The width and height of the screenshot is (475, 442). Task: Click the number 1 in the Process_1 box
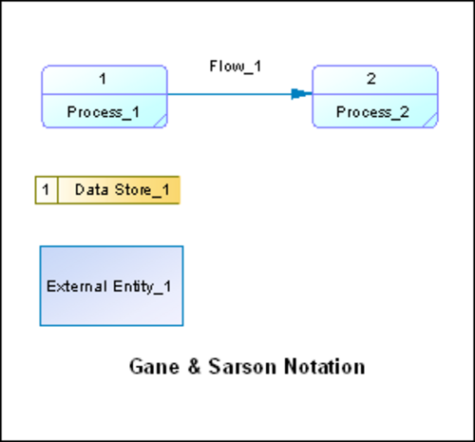click(x=103, y=79)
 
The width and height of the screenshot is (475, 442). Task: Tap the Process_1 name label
click(x=104, y=112)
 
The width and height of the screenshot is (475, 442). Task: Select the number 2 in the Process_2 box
click(x=371, y=79)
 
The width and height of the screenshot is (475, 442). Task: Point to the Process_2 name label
click(x=372, y=112)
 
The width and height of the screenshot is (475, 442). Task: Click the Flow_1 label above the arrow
click(x=236, y=67)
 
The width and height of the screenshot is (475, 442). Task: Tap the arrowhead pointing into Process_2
click(x=301, y=94)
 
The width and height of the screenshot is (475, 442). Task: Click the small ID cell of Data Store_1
click(x=47, y=190)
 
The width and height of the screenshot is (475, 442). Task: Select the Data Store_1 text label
click(x=123, y=190)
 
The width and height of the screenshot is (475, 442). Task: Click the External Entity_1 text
click(x=109, y=287)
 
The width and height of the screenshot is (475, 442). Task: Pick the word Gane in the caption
click(x=154, y=367)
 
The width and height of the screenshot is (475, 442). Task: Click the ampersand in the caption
click(x=194, y=367)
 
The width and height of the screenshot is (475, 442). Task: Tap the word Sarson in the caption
click(x=242, y=367)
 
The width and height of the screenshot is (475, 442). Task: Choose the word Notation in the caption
click(x=325, y=367)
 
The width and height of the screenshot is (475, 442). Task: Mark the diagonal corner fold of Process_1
click(x=161, y=122)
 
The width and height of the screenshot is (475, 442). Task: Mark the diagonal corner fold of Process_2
click(x=431, y=120)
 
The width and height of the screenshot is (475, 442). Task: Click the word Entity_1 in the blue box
click(x=142, y=287)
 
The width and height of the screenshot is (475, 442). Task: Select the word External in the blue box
click(x=76, y=287)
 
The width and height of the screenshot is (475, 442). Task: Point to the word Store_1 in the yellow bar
click(x=142, y=190)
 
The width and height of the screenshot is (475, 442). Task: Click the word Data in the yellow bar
click(x=91, y=190)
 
